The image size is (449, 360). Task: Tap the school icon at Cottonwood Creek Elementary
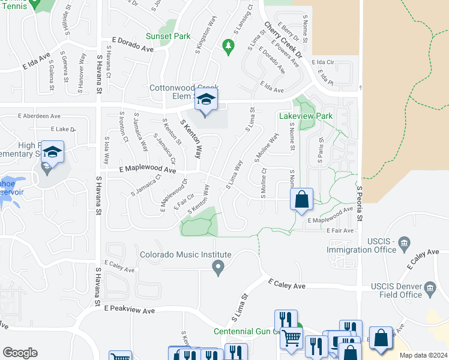click(x=205, y=100)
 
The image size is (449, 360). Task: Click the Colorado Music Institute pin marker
click(x=218, y=267)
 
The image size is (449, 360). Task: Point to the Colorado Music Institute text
click(x=177, y=254)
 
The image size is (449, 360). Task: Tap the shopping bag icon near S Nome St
click(x=302, y=200)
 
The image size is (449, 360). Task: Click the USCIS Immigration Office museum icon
click(x=404, y=242)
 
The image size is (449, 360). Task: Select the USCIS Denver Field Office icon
click(x=430, y=290)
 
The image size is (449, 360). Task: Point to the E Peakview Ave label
click(x=129, y=310)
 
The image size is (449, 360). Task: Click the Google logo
click(x=20, y=353)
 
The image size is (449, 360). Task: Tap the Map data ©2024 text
click(x=423, y=355)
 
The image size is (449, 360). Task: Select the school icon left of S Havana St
click(x=52, y=152)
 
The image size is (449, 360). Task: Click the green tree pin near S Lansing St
click(x=228, y=45)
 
